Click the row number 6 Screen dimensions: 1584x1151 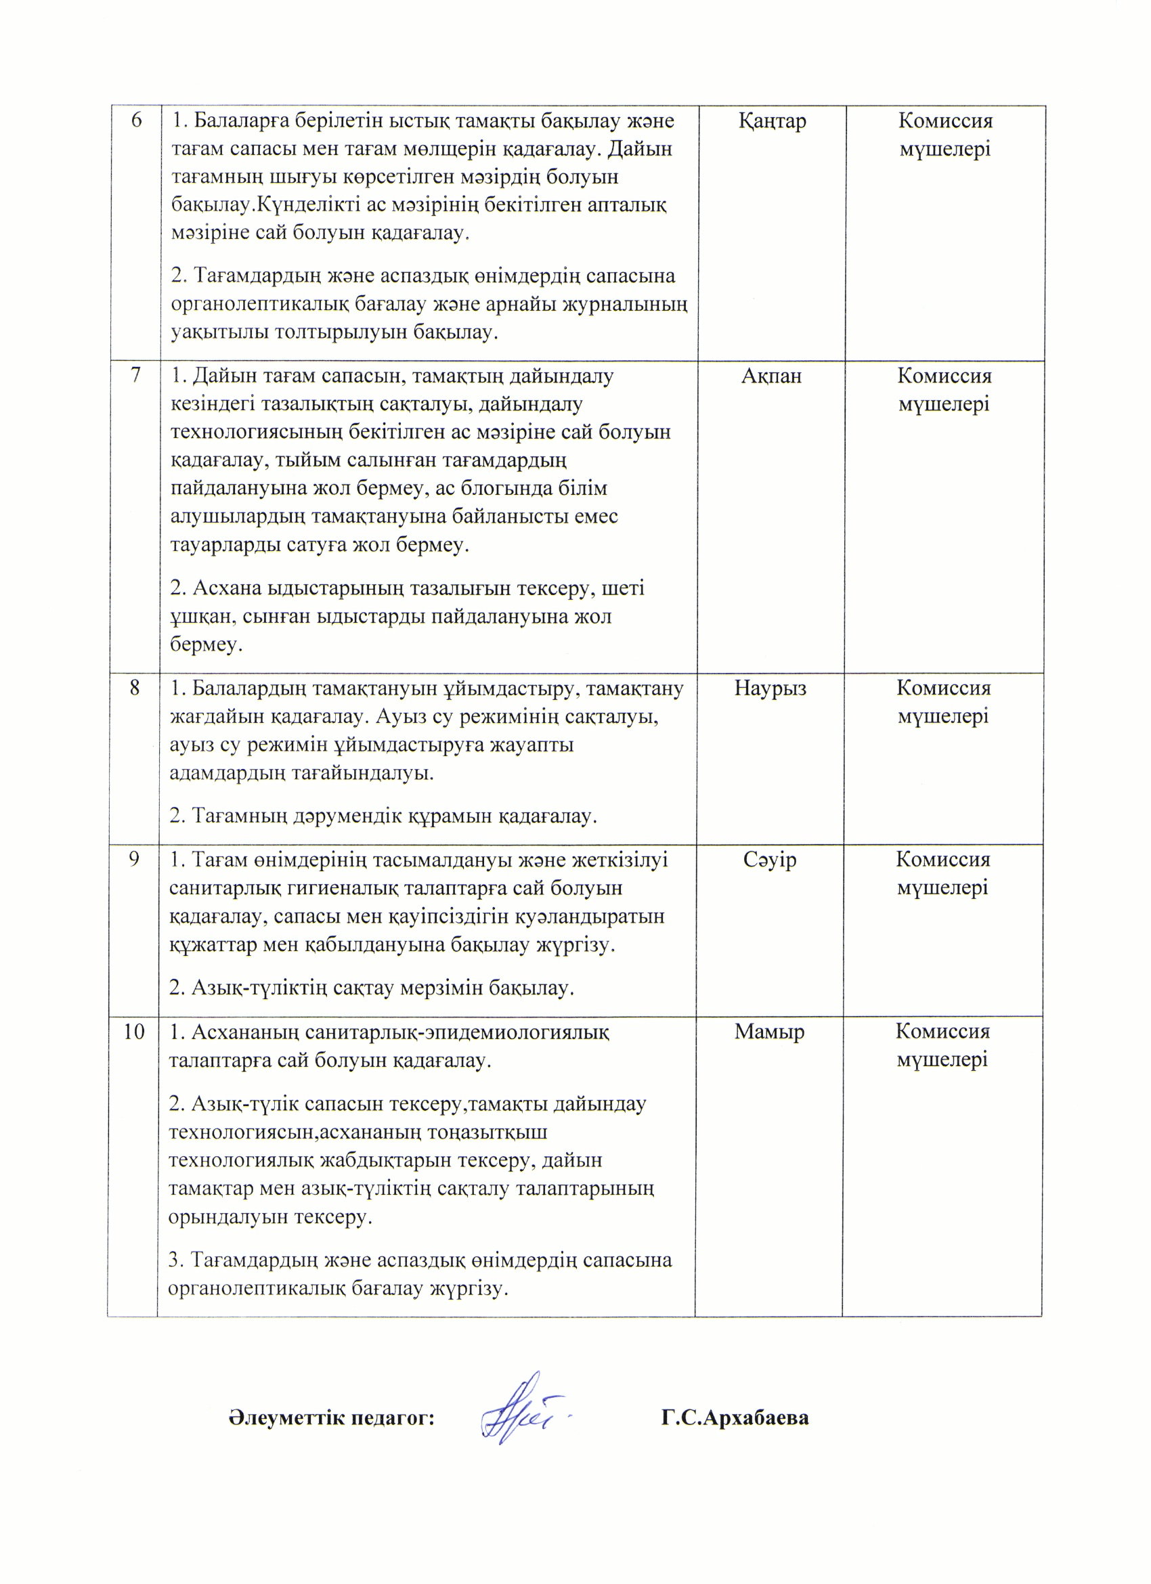click(136, 120)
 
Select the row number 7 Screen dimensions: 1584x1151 click(135, 376)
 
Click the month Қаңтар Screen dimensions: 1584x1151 click(772, 120)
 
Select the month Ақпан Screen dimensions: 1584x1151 click(771, 376)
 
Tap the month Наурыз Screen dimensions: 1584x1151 click(770, 688)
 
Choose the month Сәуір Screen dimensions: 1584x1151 click(770, 860)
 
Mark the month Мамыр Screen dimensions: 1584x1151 click(769, 1032)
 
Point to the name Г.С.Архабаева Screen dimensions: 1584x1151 click(735, 1417)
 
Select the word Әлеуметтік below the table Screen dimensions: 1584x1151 click(286, 1417)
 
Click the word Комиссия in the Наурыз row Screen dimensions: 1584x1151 click(944, 688)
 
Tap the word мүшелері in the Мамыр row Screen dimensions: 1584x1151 click(942, 1059)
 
